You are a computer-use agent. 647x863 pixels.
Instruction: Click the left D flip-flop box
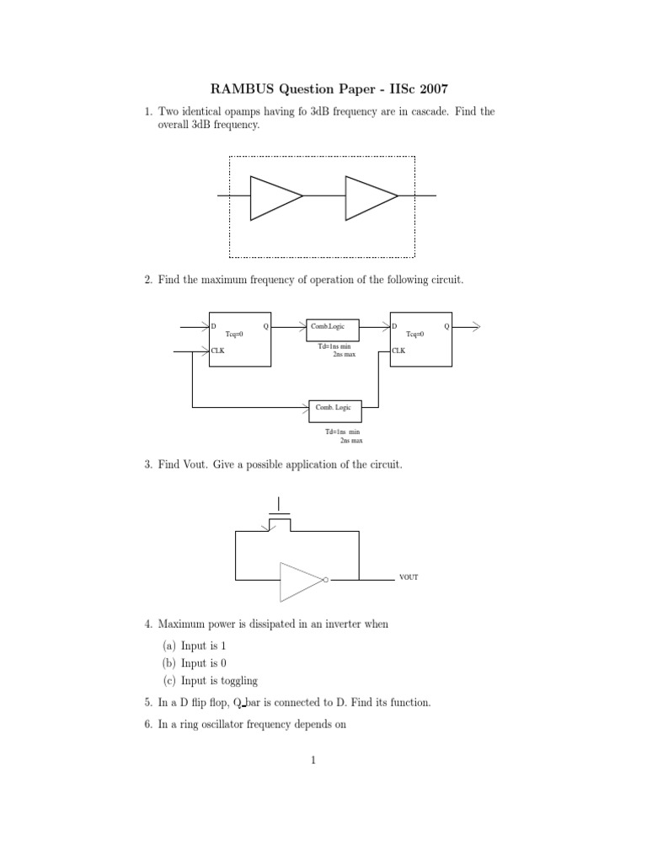click(x=240, y=339)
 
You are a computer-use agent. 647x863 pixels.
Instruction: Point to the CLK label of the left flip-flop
click(x=217, y=351)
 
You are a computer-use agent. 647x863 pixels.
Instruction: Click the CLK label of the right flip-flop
click(x=398, y=351)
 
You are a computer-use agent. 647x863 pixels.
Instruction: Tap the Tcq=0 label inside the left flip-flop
click(x=234, y=334)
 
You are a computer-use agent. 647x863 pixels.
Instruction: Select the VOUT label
click(x=409, y=578)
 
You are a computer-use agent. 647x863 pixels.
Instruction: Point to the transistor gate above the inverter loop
click(x=279, y=513)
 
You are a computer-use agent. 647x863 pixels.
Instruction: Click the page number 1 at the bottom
click(x=313, y=761)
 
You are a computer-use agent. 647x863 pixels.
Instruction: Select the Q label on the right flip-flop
click(x=446, y=325)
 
